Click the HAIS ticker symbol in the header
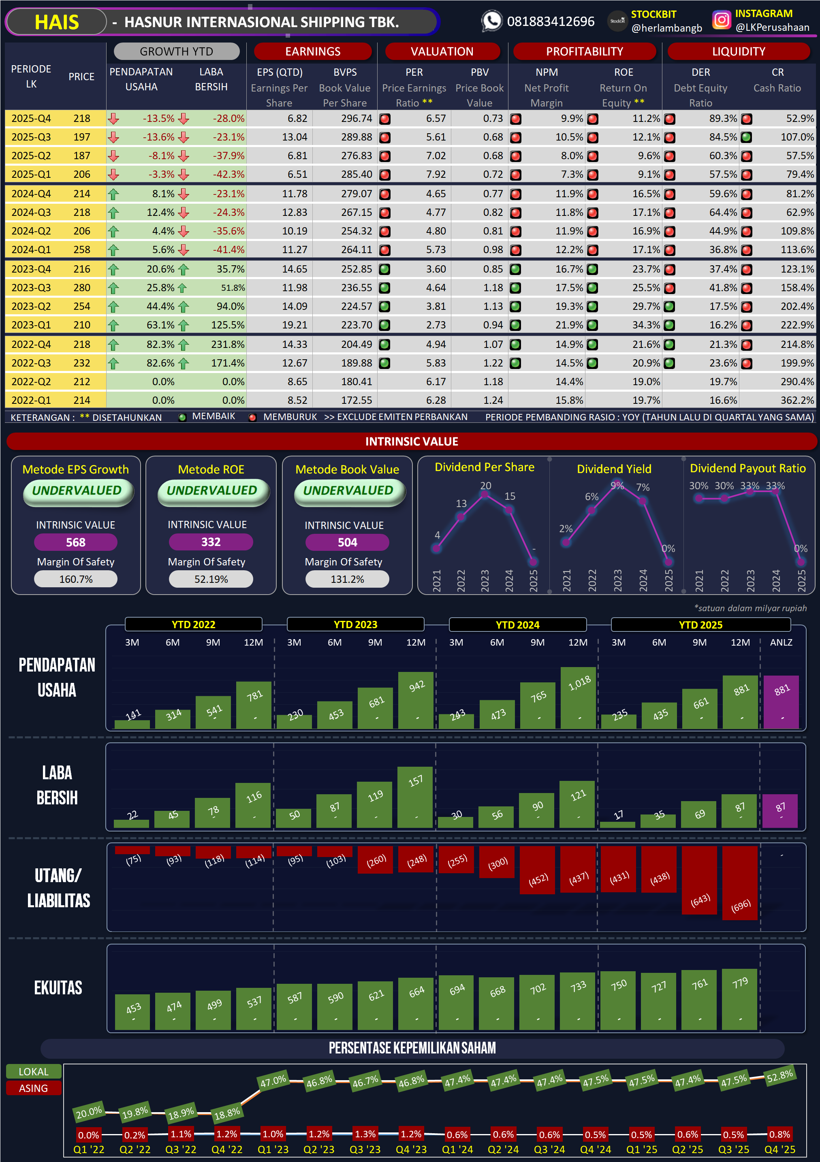pos(56,22)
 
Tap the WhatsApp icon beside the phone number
pos(491,21)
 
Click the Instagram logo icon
pos(721,20)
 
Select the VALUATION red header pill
pos(442,51)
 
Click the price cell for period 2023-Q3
pos(81,288)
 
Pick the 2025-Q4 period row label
pos(31,118)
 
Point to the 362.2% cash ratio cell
pos(797,400)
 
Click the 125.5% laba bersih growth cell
pos(227,325)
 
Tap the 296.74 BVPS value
pos(357,118)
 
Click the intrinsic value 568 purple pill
pos(75,543)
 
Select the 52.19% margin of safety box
pos(211,579)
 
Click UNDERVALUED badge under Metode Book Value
pos(348,490)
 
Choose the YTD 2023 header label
pos(355,625)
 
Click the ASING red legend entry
pos(33,1088)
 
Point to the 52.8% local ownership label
pos(779,1075)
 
